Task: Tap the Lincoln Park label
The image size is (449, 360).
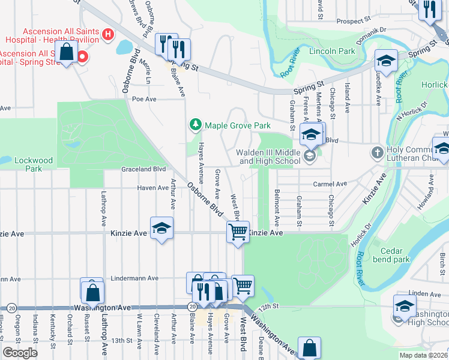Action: coord(332,52)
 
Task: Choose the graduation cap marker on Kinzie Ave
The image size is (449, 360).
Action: coord(161,228)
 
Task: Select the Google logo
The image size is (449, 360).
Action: coord(20,353)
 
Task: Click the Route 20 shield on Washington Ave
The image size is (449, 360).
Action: coord(192,307)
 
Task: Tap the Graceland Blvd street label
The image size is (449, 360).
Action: coord(143,169)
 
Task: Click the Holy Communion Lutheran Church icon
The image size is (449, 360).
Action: coord(376,151)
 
